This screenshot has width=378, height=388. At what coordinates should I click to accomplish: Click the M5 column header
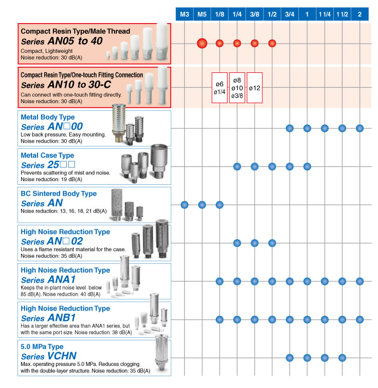click(202, 14)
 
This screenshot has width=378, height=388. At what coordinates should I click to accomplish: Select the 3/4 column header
click(290, 14)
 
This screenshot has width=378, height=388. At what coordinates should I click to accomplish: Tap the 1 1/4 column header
click(325, 14)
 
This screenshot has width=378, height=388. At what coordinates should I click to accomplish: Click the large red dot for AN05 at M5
click(202, 43)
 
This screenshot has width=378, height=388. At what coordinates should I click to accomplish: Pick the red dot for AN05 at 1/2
click(272, 43)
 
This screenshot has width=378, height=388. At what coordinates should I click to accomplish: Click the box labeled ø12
click(254, 88)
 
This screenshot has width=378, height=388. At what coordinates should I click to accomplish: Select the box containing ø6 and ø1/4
click(220, 88)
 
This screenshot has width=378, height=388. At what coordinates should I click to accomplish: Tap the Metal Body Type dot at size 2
click(360, 128)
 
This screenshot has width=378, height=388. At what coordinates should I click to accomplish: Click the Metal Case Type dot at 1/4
click(237, 166)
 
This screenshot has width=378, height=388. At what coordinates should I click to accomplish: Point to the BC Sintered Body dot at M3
click(184, 205)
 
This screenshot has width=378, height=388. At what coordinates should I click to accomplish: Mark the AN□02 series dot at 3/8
click(254, 243)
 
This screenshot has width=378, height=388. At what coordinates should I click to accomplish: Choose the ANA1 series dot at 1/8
click(220, 281)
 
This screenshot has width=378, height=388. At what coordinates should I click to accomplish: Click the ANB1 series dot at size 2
click(360, 319)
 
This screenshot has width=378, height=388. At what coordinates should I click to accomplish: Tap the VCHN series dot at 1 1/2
click(342, 358)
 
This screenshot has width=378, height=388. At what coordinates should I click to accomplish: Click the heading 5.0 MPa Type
click(42, 346)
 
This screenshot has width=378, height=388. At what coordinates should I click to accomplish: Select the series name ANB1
click(62, 318)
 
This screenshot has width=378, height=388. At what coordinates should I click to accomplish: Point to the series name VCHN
click(62, 356)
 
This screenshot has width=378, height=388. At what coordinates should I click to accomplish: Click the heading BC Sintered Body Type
click(59, 193)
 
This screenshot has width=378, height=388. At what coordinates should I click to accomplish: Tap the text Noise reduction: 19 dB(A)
click(51, 180)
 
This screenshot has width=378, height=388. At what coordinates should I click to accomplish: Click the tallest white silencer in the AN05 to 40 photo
click(162, 41)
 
